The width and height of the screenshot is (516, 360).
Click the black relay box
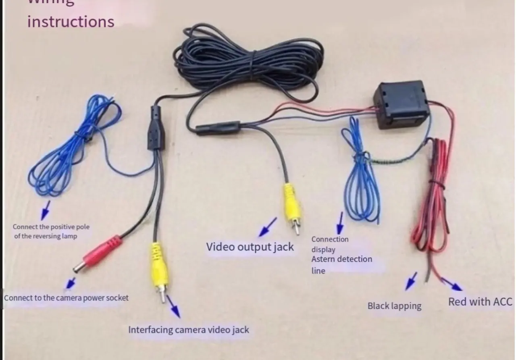(x=401, y=104)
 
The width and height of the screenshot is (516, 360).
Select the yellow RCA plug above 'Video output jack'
(x=293, y=206)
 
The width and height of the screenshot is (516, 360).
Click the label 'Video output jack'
(x=250, y=247)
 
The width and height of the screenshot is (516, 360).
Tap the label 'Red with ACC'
(x=480, y=302)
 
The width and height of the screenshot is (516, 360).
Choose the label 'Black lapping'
(x=394, y=306)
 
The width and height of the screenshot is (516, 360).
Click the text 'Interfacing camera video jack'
(x=189, y=330)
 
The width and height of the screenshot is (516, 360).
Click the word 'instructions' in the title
(x=71, y=21)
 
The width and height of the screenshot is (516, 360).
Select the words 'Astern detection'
(x=341, y=259)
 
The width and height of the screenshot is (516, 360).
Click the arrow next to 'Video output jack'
(x=267, y=227)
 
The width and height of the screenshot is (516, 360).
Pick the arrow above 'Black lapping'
(x=411, y=281)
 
